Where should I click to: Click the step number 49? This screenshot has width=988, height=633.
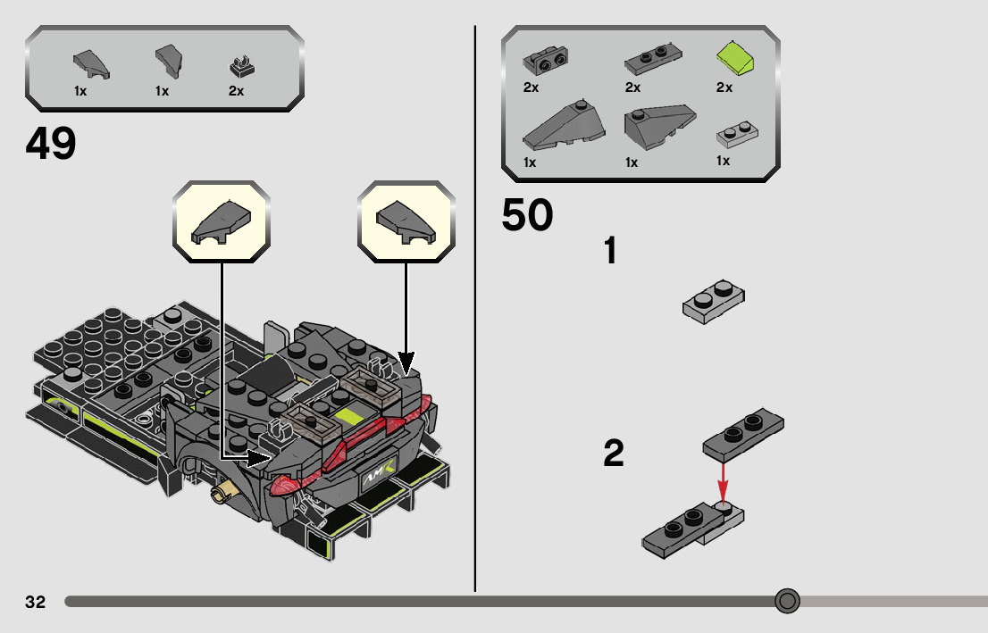(51, 144)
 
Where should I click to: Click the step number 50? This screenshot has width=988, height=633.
(527, 215)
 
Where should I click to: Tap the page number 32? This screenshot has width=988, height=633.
(35, 602)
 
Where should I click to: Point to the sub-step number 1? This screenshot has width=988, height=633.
(611, 251)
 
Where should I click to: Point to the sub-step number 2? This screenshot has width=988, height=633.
(613, 454)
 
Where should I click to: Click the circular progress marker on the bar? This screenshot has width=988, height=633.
(787, 601)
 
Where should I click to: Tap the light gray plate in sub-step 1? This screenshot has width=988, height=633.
(713, 301)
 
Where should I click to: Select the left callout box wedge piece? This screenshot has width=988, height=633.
(221, 221)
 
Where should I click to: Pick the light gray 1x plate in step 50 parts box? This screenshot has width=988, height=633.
(738, 134)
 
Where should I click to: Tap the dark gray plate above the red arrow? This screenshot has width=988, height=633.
(744, 429)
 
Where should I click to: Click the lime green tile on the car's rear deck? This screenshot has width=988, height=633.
(347, 414)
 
